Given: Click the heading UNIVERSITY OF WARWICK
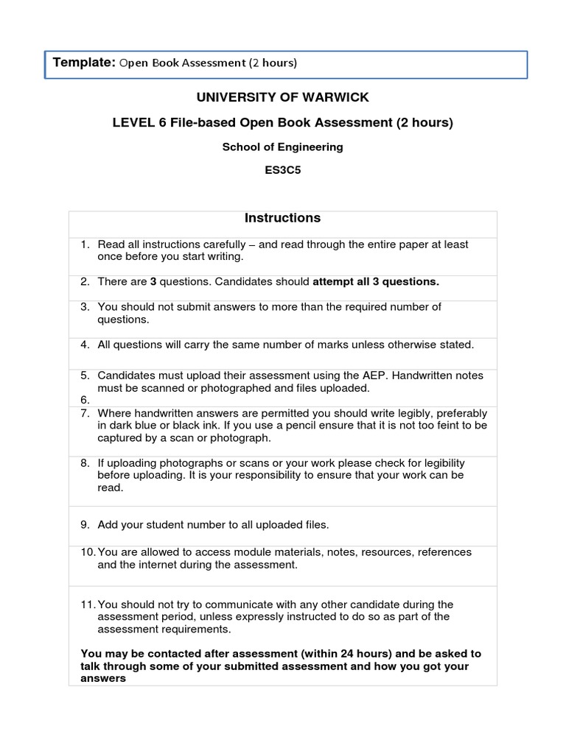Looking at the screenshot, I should (282, 97).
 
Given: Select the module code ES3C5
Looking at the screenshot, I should (282, 171).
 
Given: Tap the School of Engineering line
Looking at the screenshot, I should (282, 147).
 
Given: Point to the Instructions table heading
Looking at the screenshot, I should (282, 218).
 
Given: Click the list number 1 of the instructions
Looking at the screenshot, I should (85, 244).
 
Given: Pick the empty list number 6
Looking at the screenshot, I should (85, 400).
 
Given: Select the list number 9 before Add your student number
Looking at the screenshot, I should (85, 524).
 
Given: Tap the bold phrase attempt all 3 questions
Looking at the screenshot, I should (376, 281).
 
